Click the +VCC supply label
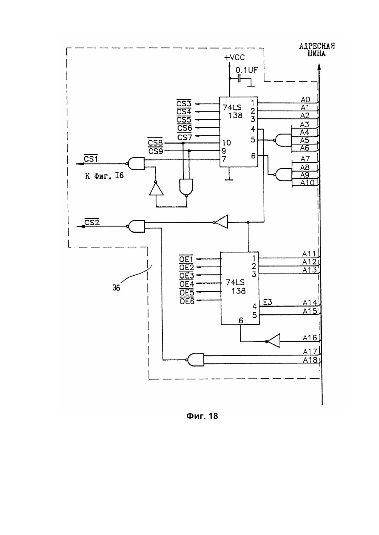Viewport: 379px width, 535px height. point(234,57)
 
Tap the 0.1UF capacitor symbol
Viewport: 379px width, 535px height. point(239,78)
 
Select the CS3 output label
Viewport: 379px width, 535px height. point(184,103)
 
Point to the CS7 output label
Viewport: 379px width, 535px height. point(184,137)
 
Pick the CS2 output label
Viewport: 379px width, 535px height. point(92,222)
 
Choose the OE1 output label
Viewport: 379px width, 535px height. point(186,258)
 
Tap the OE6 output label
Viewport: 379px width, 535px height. point(187,301)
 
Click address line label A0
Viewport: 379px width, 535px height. point(305,99)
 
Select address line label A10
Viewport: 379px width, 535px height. point(307,183)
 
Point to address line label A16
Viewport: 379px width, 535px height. point(310,338)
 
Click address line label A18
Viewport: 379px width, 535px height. point(310,360)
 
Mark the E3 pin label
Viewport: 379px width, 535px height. point(268,302)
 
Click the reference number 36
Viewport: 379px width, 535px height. point(116,288)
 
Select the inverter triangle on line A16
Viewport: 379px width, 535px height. point(273,341)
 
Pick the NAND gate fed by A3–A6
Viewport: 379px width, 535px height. point(283,140)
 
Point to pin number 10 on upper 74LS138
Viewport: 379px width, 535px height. point(226,142)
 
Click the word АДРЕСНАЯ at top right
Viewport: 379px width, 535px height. point(317,46)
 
